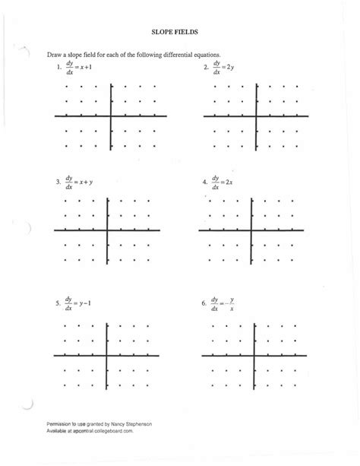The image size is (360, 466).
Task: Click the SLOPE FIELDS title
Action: [x=179, y=32]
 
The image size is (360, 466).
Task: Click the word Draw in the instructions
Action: [x=55, y=56]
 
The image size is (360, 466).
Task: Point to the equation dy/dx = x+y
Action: [x=77, y=182]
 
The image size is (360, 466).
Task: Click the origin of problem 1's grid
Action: [x=112, y=116]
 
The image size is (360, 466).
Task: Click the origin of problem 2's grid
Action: [x=256, y=116]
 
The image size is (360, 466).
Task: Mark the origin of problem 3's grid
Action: [x=107, y=230]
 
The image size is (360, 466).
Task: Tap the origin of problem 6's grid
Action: [x=254, y=355]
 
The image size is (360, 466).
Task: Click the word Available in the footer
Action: [x=56, y=430]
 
